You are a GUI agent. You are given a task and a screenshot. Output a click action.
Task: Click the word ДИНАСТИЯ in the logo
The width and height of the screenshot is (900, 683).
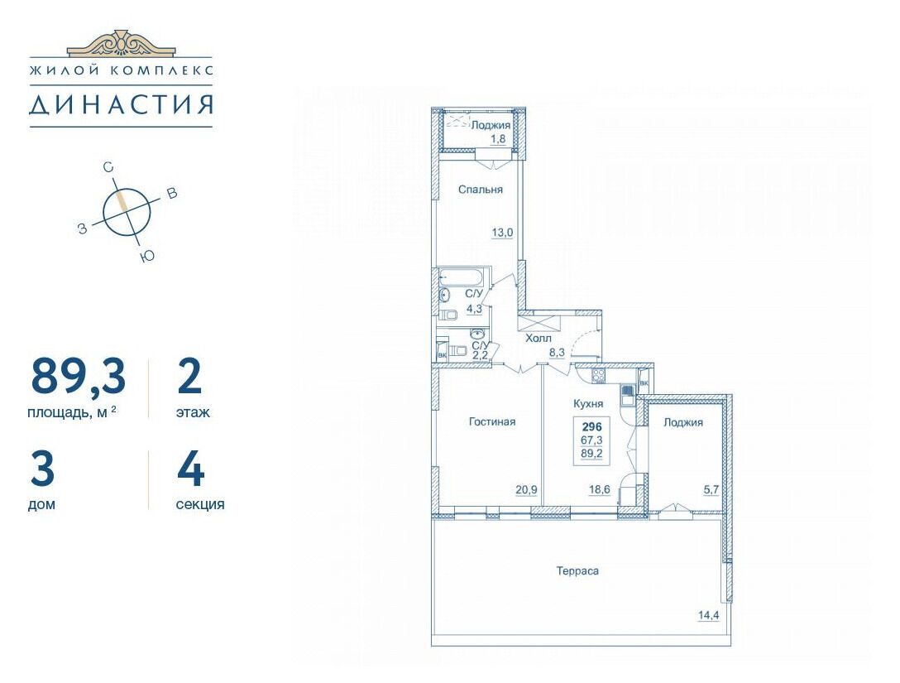[121, 104]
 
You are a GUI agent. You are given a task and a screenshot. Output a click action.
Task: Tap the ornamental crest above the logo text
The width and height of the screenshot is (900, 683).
[121, 43]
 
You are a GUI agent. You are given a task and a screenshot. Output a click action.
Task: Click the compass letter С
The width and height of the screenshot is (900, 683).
[108, 168]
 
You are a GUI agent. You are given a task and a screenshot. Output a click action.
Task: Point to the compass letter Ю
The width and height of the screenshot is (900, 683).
[147, 257]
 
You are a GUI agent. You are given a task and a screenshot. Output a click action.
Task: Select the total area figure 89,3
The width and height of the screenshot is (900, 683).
[78, 377]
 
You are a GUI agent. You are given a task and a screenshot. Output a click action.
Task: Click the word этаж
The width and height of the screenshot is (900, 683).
[193, 412]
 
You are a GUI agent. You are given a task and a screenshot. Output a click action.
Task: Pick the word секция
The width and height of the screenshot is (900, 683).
[200, 504]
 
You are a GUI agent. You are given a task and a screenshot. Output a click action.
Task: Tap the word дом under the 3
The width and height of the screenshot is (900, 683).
[41, 504]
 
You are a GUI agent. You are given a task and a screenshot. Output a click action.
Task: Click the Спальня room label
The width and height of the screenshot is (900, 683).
[481, 190]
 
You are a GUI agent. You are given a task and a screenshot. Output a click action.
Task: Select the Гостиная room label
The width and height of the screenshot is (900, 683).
[492, 421]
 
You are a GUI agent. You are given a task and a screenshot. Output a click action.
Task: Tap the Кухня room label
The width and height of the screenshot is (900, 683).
[588, 404]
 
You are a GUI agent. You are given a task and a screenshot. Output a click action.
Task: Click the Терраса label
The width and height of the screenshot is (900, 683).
[577, 571]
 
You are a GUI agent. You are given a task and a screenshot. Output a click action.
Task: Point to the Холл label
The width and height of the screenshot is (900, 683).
[539, 339]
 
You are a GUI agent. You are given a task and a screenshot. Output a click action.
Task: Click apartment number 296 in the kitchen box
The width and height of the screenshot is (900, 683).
[591, 427]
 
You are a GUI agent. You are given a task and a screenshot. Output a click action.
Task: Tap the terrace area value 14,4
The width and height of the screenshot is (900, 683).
[709, 615]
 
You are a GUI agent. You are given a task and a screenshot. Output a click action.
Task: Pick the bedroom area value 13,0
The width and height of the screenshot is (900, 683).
[502, 233]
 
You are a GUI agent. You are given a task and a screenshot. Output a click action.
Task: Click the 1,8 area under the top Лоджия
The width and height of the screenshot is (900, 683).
[497, 138]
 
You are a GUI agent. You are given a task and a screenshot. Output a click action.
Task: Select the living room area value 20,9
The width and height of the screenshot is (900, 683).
[526, 489]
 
